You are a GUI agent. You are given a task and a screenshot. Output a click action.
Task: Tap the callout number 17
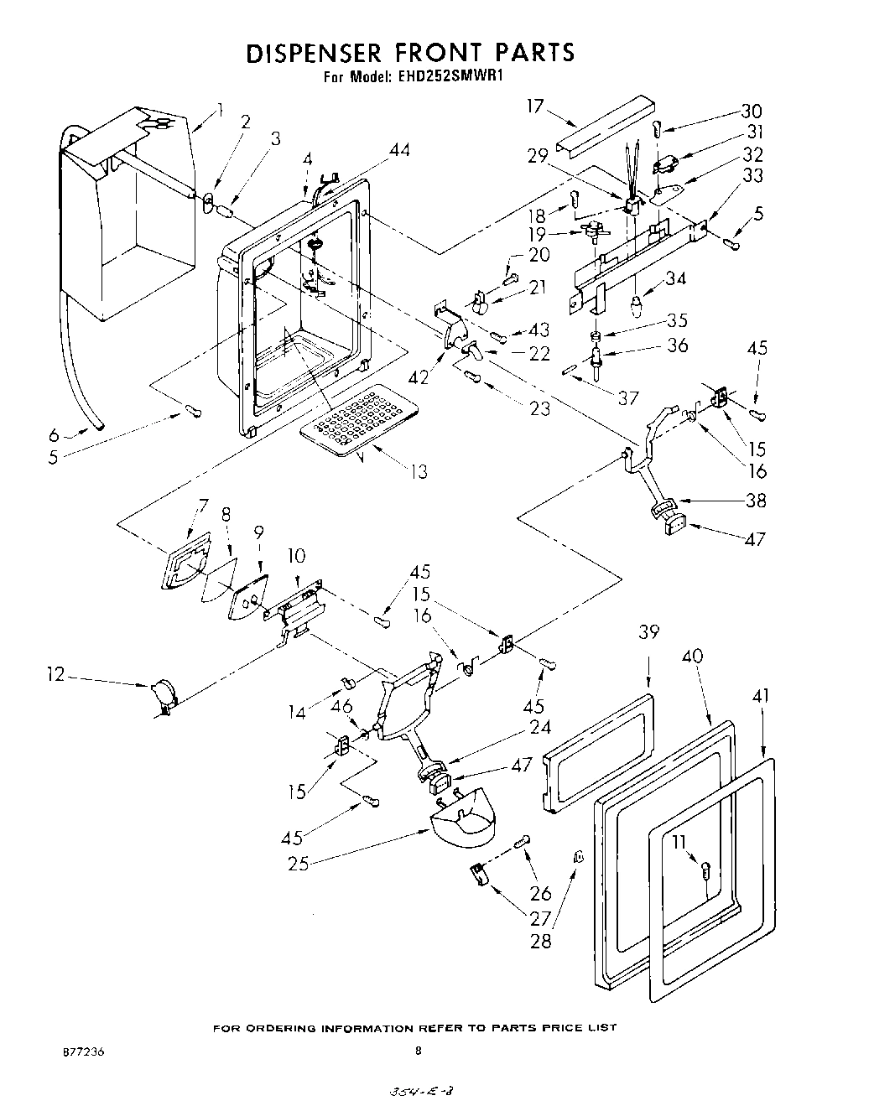click(535, 106)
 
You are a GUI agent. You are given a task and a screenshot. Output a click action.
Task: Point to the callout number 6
click(54, 434)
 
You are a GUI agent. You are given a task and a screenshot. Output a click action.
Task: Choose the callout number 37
click(628, 398)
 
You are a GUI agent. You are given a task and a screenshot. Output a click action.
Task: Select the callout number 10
click(296, 556)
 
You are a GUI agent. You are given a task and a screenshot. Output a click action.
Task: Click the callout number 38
click(756, 500)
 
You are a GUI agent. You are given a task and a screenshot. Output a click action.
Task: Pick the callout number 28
click(541, 940)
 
